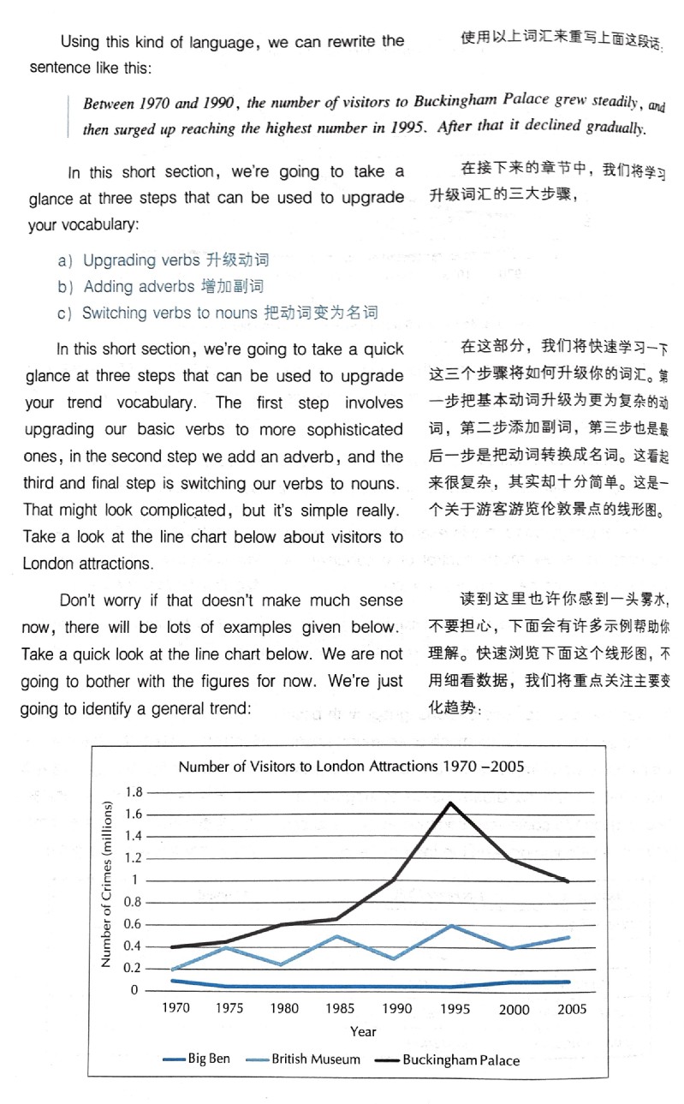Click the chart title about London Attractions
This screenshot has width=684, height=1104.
[351, 766]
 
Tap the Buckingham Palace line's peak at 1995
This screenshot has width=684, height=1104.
[451, 803]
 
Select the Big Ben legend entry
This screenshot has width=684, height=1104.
[197, 1059]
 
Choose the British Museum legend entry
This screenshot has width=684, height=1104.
[306, 1059]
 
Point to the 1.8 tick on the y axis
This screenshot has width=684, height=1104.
[133, 792]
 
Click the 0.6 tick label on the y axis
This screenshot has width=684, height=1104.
[132, 924]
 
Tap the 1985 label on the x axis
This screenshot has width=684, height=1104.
[340, 1009]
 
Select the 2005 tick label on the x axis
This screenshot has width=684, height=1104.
[572, 1009]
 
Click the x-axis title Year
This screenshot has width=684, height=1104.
[362, 1031]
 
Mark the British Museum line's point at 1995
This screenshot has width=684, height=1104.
[451, 926]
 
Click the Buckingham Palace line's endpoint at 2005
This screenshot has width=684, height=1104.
[569, 880]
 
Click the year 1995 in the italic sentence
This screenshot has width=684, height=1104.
[407, 128]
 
